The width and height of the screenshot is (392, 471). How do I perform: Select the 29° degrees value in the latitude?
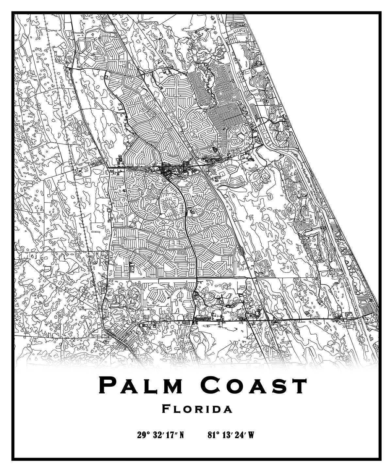coord(143,435)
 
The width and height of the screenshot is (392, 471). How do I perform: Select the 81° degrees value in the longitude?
coord(213,435)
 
